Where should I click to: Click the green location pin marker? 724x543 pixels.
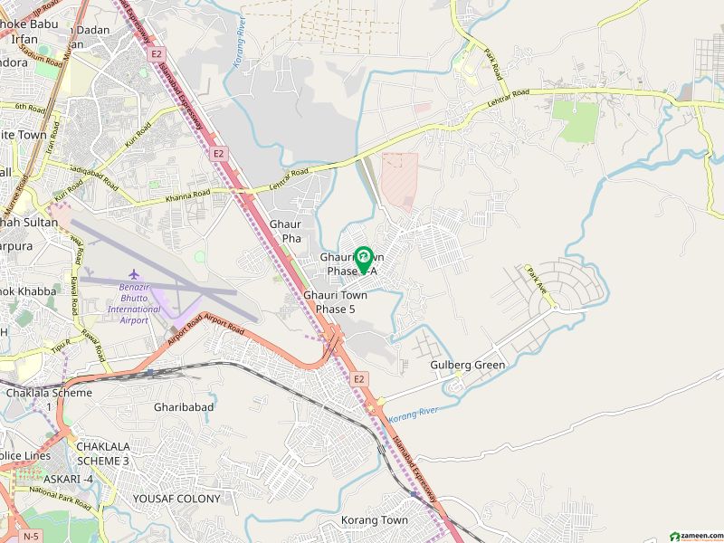coord(363,259)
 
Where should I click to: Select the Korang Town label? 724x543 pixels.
coord(374,520)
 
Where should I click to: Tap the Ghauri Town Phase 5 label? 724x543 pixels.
coord(335,302)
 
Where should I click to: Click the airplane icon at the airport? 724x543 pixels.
coord(135,273)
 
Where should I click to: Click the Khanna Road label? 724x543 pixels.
coord(187,196)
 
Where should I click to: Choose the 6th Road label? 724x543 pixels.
coord(29,107)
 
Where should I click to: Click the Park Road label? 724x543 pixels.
coord(492,64)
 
